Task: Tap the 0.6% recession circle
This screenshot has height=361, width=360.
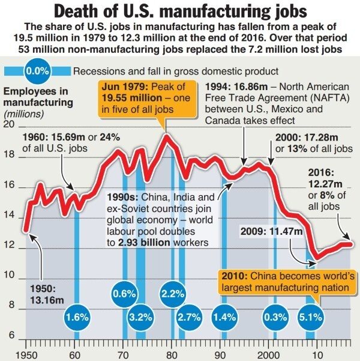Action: [124, 294]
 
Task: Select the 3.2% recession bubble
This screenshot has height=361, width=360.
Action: [140, 317]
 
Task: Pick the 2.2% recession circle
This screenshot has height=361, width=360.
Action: [173, 294]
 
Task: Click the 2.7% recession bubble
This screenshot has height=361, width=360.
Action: [189, 317]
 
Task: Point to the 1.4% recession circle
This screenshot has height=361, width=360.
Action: [224, 317]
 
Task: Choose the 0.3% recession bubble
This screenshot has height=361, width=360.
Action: [275, 317]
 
